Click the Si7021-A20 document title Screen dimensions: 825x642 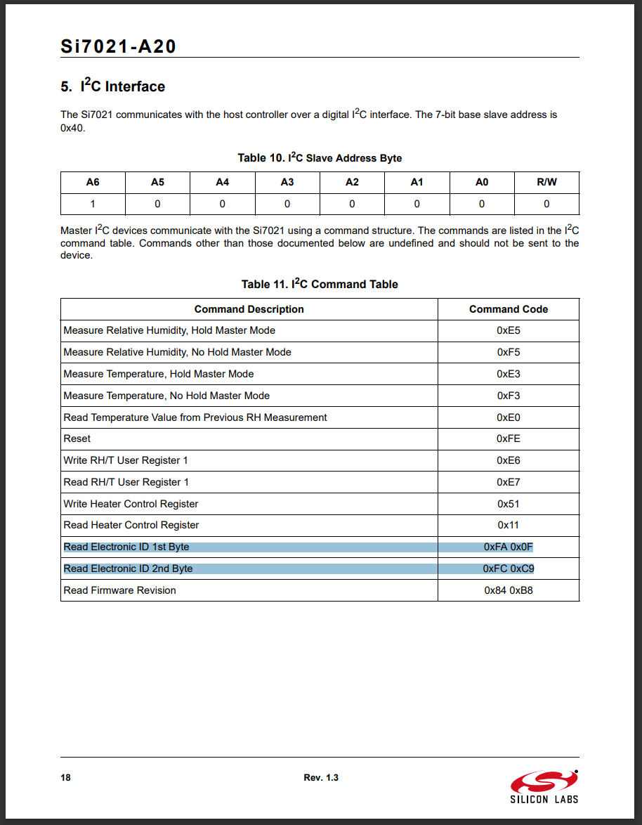pos(118,47)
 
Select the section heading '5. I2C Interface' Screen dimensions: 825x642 pos(112,86)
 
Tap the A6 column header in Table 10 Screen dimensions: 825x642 pos(93,182)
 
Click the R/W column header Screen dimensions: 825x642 pos(546,182)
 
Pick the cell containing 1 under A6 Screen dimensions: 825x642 pos(93,204)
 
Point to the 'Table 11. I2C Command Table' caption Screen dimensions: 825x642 pos(320,284)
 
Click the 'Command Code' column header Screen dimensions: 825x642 pos(509,309)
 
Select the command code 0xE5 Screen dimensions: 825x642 pos(509,330)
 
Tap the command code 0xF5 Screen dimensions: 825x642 pos(509,352)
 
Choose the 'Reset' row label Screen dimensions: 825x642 pos(77,439)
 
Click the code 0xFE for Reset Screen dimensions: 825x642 pos(509,439)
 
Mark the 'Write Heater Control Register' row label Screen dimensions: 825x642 pos(131,504)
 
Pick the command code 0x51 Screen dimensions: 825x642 pos(509,504)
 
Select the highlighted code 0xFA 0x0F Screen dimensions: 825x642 pos(509,547)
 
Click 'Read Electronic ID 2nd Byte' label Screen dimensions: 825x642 pos(128,569)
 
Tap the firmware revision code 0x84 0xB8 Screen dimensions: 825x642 pos(509,590)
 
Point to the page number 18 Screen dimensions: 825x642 pos(65,777)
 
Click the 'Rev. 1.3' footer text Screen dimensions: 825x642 pos(321,777)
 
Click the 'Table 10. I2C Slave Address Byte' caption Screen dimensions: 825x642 pos(320,157)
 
